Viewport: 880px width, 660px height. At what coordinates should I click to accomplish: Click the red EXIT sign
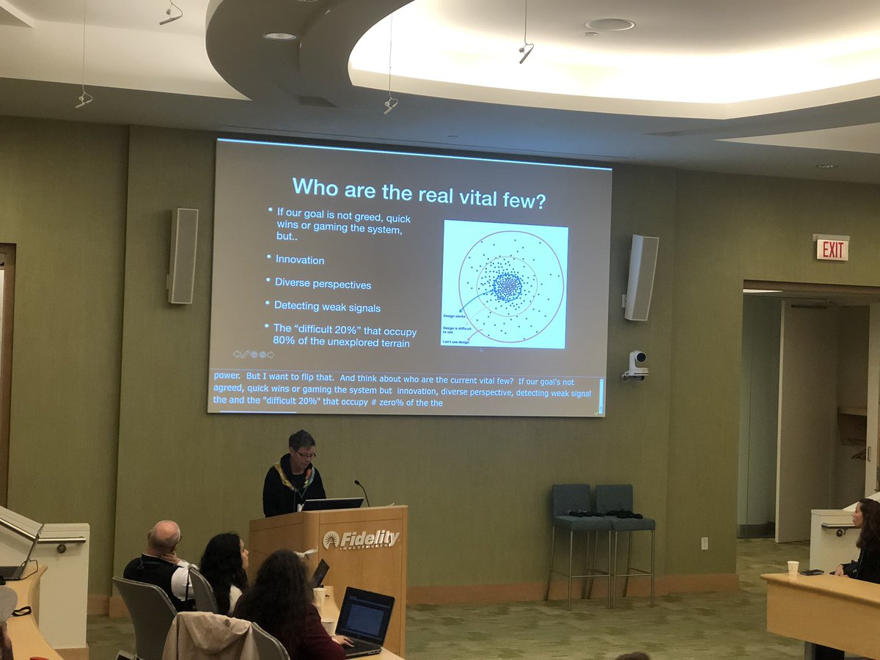click(x=832, y=249)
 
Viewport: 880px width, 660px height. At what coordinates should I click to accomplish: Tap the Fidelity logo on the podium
click(x=361, y=540)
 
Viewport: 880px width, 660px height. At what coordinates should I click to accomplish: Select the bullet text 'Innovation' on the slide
click(x=299, y=260)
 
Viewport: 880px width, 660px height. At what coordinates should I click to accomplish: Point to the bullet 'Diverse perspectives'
click(x=323, y=284)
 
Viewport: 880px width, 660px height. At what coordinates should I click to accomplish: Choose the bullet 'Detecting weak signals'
click(x=327, y=307)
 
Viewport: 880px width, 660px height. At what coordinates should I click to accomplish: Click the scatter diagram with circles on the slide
click(x=505, y=285)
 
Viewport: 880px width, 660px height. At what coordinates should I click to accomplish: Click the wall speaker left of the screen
click(x=183, y=255)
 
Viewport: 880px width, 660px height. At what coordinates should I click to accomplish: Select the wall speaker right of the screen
click(x=641, y=277)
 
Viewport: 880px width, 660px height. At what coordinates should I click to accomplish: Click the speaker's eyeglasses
click(x=305, y=455)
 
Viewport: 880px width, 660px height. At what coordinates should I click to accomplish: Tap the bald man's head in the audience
click(x=167, y=537)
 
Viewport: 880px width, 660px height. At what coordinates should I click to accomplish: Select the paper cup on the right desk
click(x=793, y=569)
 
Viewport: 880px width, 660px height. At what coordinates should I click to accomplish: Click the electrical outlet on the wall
click(x=704, y=543)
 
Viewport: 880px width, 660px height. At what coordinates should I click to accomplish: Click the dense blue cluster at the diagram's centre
click(x=507, y=287)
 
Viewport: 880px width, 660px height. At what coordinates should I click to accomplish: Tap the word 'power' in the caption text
click(x=227, y=375)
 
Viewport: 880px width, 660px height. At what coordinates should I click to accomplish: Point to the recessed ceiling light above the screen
click(x=279, y=35)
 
